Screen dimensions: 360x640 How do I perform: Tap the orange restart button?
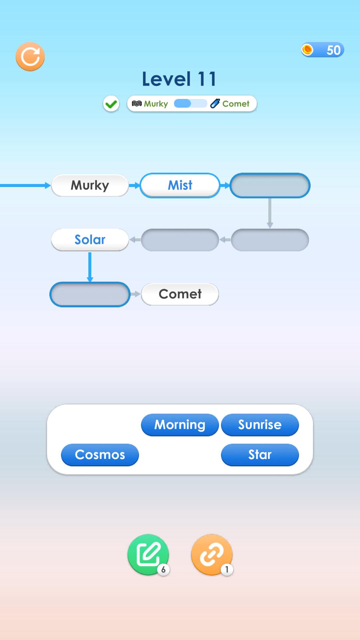click(30, 56)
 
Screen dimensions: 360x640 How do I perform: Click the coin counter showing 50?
click(322, 50)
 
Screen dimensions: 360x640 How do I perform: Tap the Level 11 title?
click(179, 79)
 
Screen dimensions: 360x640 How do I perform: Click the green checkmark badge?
click(111, 104)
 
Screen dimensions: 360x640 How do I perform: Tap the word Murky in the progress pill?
click(156, 104)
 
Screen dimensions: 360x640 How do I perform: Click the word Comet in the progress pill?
click(236, 104)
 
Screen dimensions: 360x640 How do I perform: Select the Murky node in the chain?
click(90, 185)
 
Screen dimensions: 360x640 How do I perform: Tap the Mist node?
click(180, 185)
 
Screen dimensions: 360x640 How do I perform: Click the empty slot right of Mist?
click(270, 185)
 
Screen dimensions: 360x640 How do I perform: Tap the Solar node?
click(90, 240)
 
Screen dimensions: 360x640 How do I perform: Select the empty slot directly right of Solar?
click(180, 240)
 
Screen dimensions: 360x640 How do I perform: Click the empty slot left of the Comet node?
click(90, 294)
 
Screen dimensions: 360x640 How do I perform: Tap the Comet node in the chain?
click(180, 294)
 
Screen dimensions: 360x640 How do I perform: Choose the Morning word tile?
click(180, 425)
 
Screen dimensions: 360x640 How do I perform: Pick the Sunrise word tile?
click(260, 425)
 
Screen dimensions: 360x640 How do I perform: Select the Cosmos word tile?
click(100, 455)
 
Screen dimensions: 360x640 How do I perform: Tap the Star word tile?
click(260, 455)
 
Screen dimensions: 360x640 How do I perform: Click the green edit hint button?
click(148, 554)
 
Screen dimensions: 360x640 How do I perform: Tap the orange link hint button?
click(212, 554)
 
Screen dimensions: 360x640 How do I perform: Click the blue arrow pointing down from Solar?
click(90, 267)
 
